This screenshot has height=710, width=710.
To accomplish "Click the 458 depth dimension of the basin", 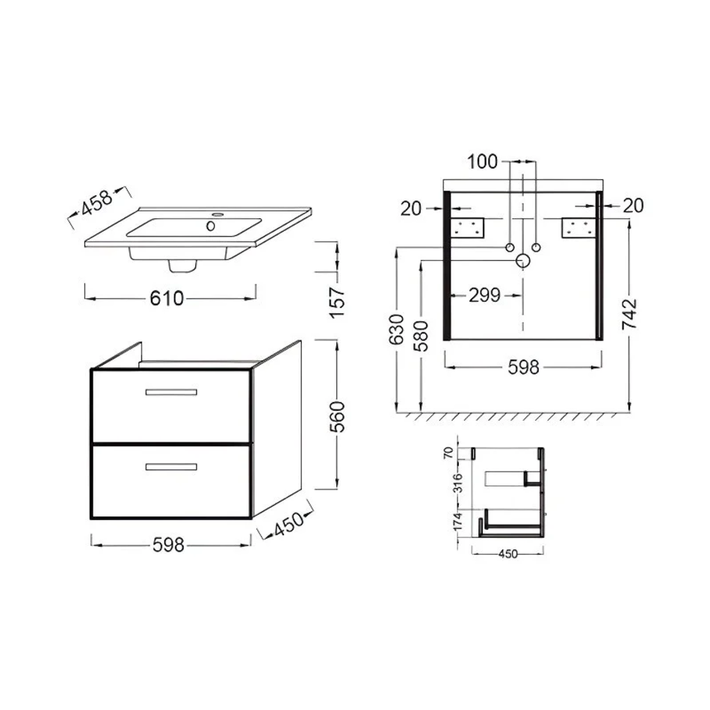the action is click(x=96, y=203).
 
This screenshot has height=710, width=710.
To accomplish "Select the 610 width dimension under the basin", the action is click(x=167, y=298).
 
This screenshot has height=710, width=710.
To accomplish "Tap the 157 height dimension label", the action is click(x=337, y=302).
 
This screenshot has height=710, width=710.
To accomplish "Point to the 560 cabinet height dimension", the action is click(x=337, y=416).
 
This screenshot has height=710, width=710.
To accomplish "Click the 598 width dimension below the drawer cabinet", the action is click(x=168, y=545).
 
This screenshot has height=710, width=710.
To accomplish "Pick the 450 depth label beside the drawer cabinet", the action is click(x=289, y=524).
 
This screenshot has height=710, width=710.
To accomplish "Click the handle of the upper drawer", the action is click(x=171, y=392).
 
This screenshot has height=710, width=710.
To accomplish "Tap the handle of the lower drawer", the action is click(x=171, y=467).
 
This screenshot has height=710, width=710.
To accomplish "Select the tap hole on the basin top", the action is click(x=218, y=214).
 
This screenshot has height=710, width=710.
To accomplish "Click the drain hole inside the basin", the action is click(x=211, y=226).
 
